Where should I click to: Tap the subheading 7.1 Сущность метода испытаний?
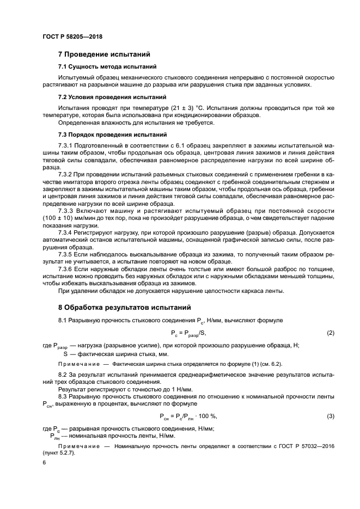(x=107, y=66)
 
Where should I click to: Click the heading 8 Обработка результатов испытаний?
(x=125, y=307)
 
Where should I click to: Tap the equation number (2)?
(x=330, y=333)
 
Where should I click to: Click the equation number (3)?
(x=330, y=416)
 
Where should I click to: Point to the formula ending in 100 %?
(x=188, y=416)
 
